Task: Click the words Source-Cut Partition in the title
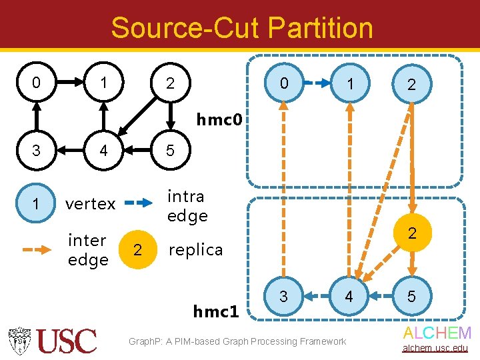pyautogui.click(x=241, y=28)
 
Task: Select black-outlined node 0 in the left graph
pyautogui.click(x=36, y=83)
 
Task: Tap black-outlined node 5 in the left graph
pyautogui.click(x=170, y=151)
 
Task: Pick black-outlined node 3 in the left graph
pyautogui.click(x=36, y=151)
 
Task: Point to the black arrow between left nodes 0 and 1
pyautogui.click(x=69, y=83)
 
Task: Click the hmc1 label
pyautogui.click(x=216, y=311)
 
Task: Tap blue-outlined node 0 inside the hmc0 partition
pyautogui.click(x=283, y=84)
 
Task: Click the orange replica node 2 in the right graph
pyautogui.click(x=411, y=233)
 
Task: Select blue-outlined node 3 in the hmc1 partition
pyautogui.click(x=283, y=296)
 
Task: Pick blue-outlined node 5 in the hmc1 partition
pyautogui.click(x=411, y=296)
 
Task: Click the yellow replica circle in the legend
pyautogui.click(x=137, y=249)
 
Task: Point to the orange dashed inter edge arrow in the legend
pyautogui.click(x=39, y=250)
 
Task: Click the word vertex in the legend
pyautogui.click(x=90, y=204)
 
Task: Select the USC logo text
pyautogui.click(x=66, y=341)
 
